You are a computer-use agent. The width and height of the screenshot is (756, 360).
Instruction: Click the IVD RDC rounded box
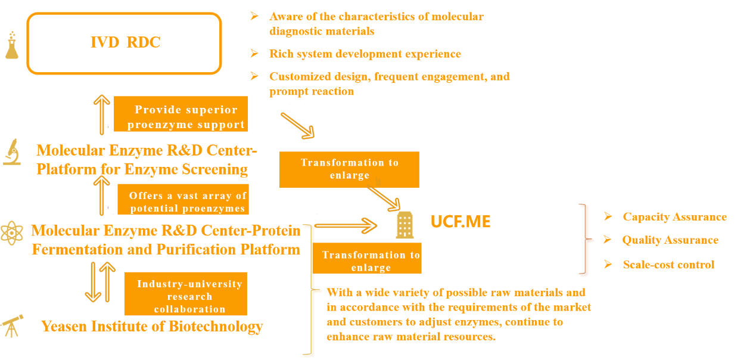[124, 14]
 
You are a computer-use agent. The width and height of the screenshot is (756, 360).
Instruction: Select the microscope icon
[12, 152]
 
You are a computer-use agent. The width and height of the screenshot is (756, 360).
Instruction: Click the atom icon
[12, 232]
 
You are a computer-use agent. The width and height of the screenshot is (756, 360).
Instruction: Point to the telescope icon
[12, 325]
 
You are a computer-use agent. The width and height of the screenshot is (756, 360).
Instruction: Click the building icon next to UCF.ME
[405, 225]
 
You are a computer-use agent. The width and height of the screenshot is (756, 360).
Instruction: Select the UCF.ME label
[461, 222]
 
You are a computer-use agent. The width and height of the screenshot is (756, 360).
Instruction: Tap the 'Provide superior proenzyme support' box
[181, 114]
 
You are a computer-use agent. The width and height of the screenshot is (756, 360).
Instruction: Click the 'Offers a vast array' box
[183, 199]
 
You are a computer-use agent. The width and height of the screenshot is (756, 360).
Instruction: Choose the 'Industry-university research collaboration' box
[186, 294]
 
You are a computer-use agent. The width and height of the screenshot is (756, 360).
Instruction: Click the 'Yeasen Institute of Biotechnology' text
[152, 326]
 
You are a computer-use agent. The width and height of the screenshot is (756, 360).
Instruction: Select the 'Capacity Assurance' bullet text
[674, 217]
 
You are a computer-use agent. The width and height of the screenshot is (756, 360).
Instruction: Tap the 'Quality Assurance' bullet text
[670, 240]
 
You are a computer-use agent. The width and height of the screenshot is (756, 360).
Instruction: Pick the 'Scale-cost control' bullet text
[668, 265]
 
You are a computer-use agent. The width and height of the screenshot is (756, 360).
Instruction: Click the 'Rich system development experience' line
[365, 54]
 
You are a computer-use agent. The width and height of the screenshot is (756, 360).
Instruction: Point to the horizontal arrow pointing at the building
[346, 225]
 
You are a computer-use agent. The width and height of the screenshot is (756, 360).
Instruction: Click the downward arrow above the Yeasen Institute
[93, 282]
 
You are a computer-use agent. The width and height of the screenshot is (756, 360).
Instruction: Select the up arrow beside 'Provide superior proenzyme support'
[102, 115]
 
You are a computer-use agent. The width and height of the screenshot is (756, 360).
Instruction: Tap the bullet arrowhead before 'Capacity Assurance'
[608, 216]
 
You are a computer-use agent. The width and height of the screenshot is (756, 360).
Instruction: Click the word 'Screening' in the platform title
[214, 169]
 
